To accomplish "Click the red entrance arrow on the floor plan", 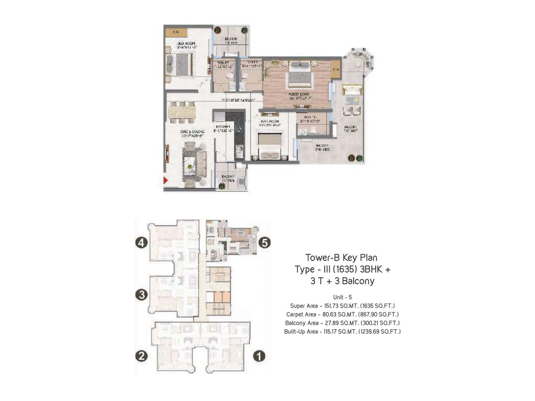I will [x=165, y=180].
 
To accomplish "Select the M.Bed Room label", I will [x=299, y=96].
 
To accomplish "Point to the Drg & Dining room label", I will [x=192, y=134].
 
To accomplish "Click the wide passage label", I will [x=238, y=100].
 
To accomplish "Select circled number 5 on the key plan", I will [x=264, y=242].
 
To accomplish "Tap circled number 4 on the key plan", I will [x=141, y=242].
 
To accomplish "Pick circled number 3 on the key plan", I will [x=141, y=295].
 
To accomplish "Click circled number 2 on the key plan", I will [x=141, y=356].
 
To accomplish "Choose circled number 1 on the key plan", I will [x=259, y=356].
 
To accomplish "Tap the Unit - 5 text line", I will [x=342, y=297].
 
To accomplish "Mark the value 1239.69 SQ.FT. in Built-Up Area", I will [x=380, y=332].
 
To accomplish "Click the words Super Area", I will [x=304, y=306].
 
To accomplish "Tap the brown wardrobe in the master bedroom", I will [x=336, y=70].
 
